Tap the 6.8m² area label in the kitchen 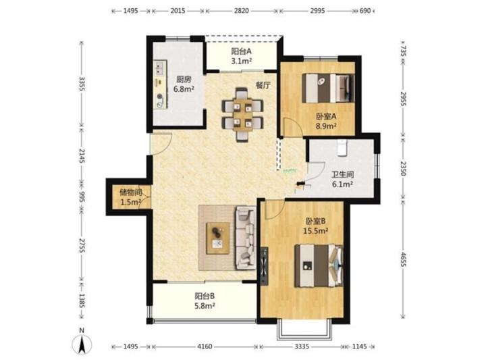[184, 89]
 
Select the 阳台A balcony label [241, 51]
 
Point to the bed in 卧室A [328, 88]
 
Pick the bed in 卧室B [319, 265]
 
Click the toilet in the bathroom [342, 148]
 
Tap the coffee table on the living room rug [218, 238]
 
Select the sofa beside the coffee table [246, 238]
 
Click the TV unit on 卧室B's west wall [265, 265]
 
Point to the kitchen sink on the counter [160, 68]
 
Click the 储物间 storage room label [130, 192]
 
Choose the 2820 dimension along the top [242, 11]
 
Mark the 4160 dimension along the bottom [205, 346]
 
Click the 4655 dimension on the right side [402, 259]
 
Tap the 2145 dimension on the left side [82, 155]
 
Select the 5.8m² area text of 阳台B [205, 306]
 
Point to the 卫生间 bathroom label [342, 174]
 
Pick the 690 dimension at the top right [365, 11]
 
